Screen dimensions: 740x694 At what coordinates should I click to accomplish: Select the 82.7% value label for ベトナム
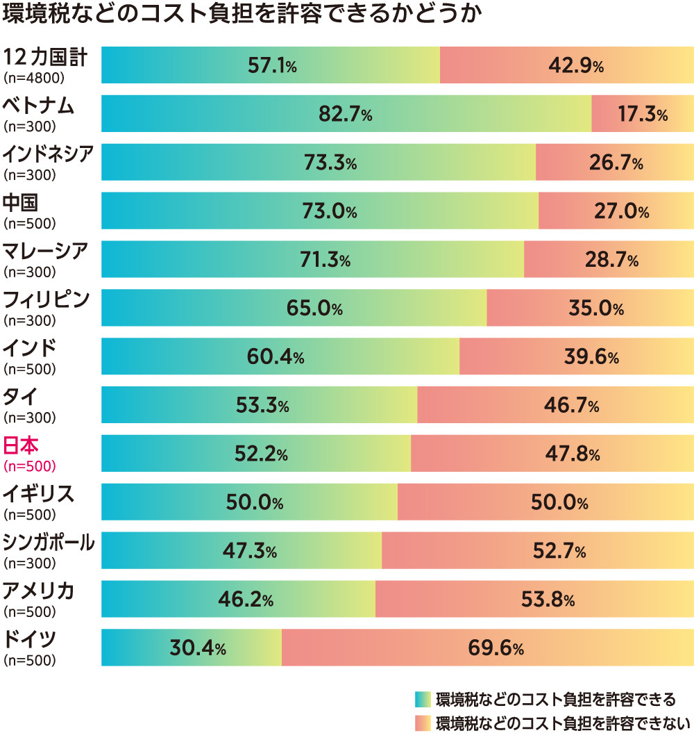coord(345,115)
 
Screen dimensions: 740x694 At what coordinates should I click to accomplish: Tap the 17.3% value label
coord(642,115)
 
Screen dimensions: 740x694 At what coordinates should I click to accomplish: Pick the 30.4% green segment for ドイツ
coord(192,648)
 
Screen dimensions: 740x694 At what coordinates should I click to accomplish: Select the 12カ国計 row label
coord(45,58)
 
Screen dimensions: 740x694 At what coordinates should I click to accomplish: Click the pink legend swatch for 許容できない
coord(423,723)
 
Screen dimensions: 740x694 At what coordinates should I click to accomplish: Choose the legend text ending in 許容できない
coord(563,723)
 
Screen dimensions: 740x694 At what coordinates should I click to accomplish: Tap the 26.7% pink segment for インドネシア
coord(616,163)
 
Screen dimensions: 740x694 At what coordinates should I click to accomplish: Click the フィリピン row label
coord(46,300)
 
